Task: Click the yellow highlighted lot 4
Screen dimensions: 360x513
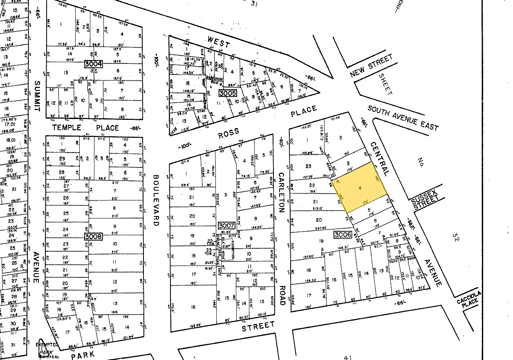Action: click(x=360, y=188)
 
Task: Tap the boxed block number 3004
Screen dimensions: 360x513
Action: click(x=93, y=64)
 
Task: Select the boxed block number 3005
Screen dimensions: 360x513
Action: click(x=227, y=93)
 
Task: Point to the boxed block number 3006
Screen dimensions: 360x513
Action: click(x=343, y=235)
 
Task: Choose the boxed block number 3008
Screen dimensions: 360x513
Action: click(x=93, y=236)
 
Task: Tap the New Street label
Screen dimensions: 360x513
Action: click(x=371, y=65)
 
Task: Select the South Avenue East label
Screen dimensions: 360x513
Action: click(x=403, y=118)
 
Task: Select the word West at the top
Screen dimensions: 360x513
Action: click(x=219, y=42)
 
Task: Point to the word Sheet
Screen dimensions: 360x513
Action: click(x=385, y=84)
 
